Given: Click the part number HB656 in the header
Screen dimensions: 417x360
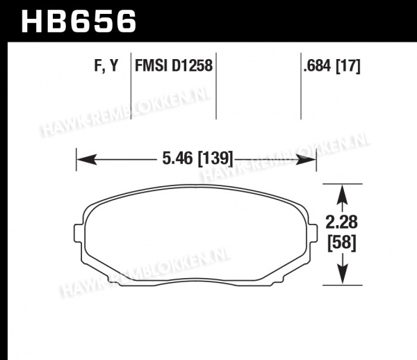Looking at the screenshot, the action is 79,22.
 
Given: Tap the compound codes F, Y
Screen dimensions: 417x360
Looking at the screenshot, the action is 106,65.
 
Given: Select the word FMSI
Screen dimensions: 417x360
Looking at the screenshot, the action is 152,65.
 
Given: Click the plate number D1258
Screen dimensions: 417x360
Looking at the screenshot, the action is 192,65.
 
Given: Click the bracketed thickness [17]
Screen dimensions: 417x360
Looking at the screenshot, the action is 348,66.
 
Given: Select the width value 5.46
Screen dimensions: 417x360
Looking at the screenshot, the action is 177,158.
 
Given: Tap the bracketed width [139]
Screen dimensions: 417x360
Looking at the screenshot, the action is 215,159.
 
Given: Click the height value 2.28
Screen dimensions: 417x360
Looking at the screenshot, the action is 342,222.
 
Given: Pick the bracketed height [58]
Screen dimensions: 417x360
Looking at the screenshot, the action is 342,243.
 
